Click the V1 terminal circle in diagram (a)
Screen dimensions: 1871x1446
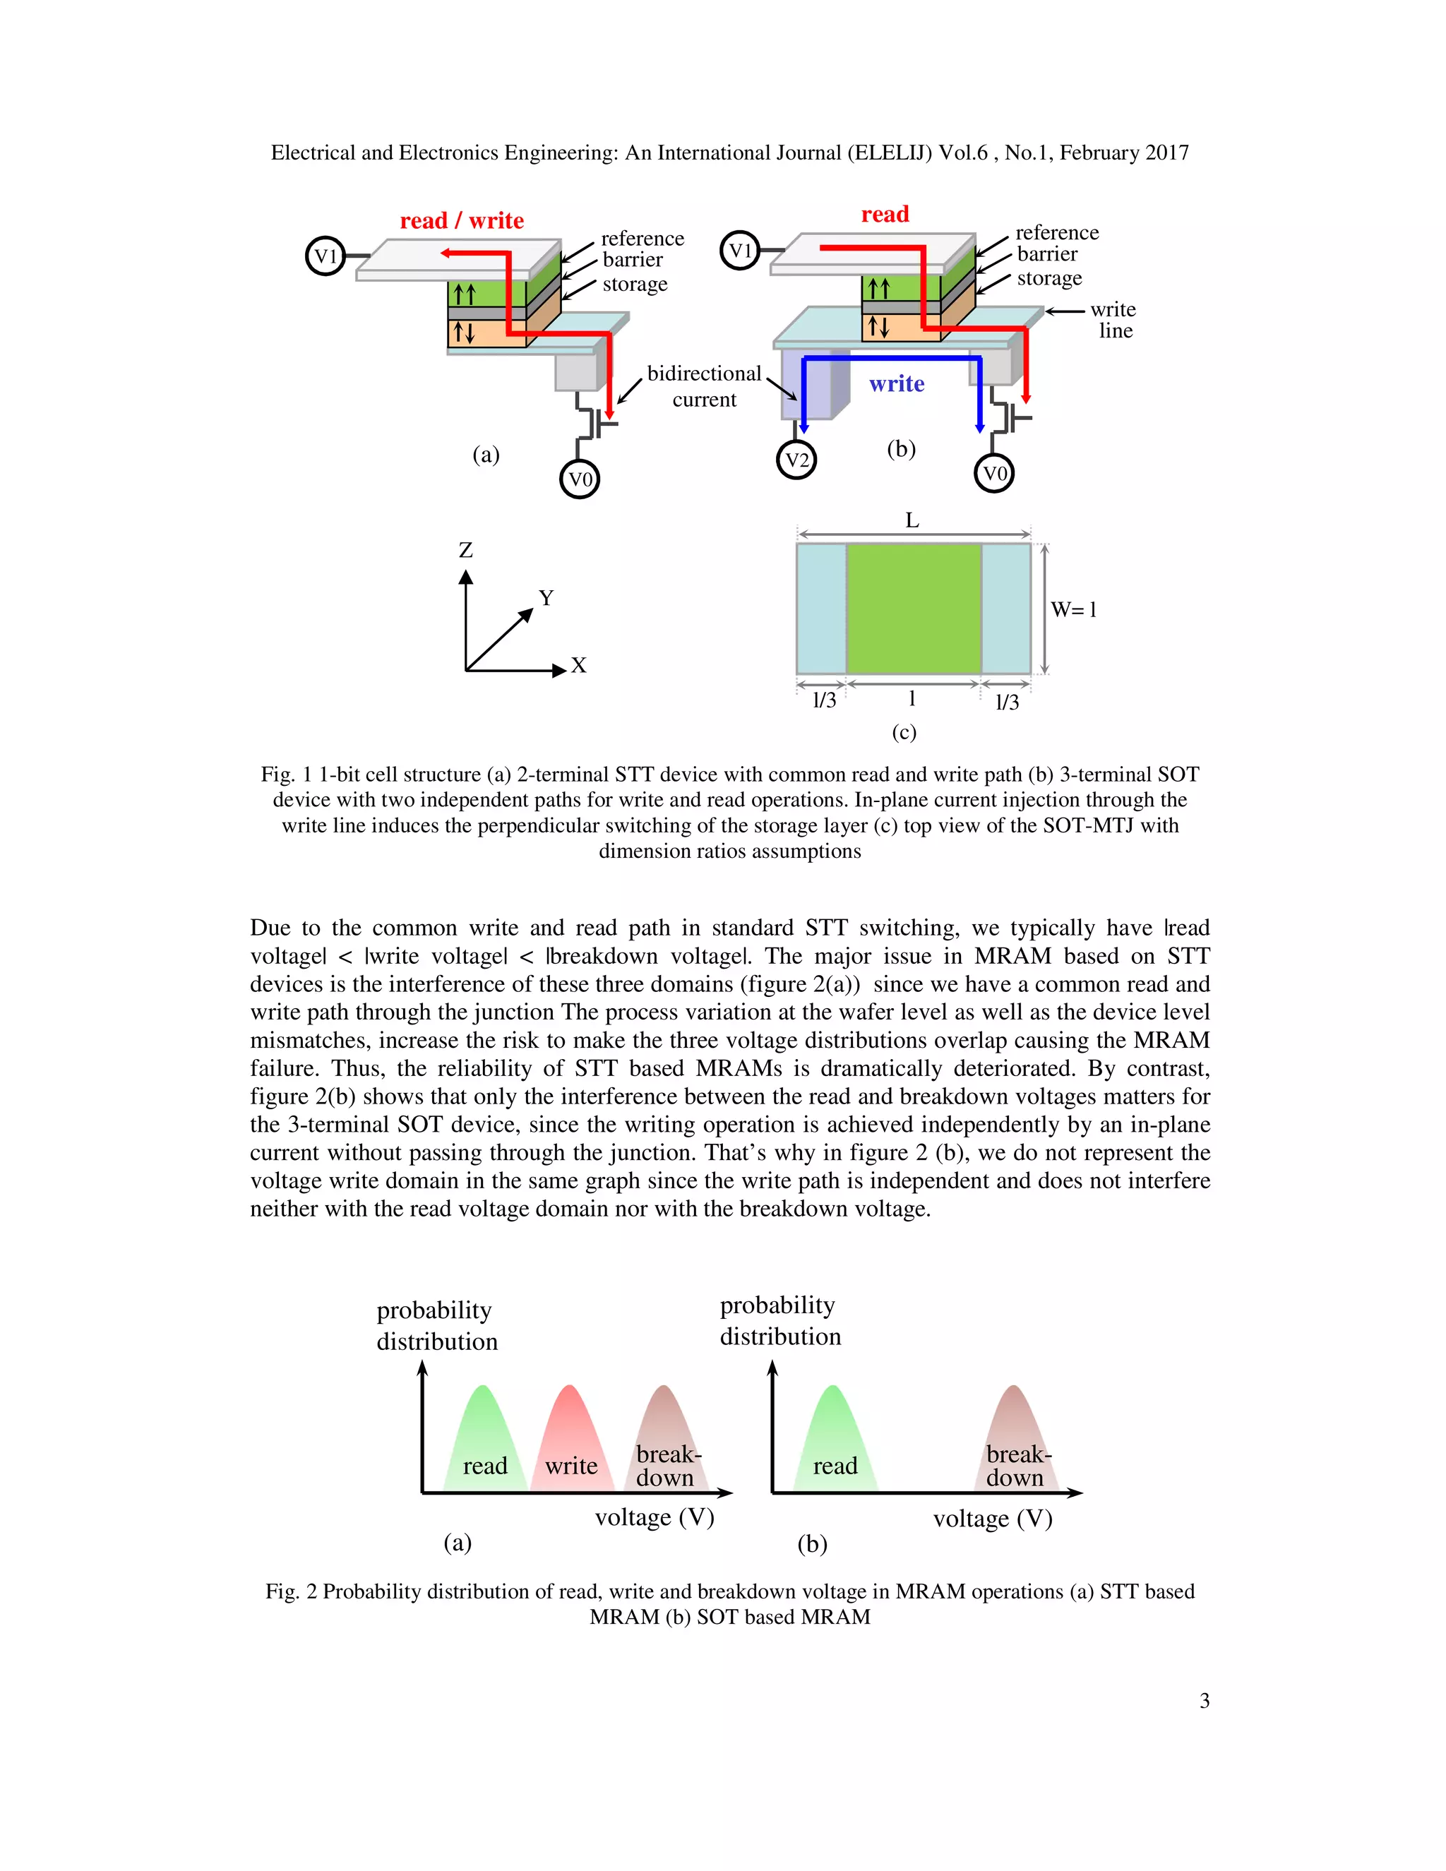coord(325,256)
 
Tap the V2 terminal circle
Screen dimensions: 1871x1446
coord(796,460)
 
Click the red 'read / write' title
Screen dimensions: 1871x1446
coord(462,221)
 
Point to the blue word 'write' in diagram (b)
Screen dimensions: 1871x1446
coord(897,384)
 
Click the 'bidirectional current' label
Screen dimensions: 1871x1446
coord(704,386)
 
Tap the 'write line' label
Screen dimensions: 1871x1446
coord(1113,320)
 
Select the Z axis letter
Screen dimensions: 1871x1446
coord(466,550)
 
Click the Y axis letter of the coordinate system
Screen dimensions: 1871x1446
coord(546,597)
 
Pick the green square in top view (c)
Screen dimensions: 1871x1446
coord(913,608)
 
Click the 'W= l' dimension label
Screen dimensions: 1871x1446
coord(1073,610)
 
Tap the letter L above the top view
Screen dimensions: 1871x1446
coord(912,520)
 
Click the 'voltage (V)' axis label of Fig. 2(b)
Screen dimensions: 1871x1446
coord(992,1519)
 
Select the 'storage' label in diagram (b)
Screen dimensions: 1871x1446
coord(1049,278)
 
